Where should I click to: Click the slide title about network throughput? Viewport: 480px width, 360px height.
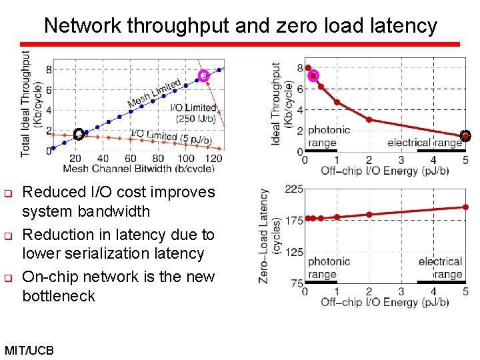tap(240, 26)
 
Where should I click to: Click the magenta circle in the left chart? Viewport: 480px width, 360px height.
tap(204, 76)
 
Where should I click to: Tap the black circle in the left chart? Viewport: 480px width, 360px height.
tap(78, 134)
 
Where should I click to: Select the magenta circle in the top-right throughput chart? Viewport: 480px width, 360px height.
tap(313, 75)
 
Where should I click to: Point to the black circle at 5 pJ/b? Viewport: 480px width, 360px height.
tap(465, 136)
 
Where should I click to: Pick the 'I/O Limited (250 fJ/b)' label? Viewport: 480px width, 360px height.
tap(193, 113)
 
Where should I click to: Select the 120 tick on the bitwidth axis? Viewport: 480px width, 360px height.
tap(213, 159)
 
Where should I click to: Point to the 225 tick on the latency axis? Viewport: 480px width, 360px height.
tap(294, 189)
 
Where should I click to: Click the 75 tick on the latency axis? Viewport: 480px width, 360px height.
tap(297, 283)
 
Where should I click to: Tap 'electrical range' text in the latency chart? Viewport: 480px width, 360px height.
tap(440, 268)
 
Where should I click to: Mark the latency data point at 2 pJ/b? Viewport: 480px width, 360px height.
tap(369, 215)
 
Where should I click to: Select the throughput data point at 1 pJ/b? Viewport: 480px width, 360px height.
tap(337, 102)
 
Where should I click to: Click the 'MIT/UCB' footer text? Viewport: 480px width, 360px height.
tap(29, 350)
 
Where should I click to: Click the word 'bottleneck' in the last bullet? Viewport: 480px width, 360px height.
tap(59, 295)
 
